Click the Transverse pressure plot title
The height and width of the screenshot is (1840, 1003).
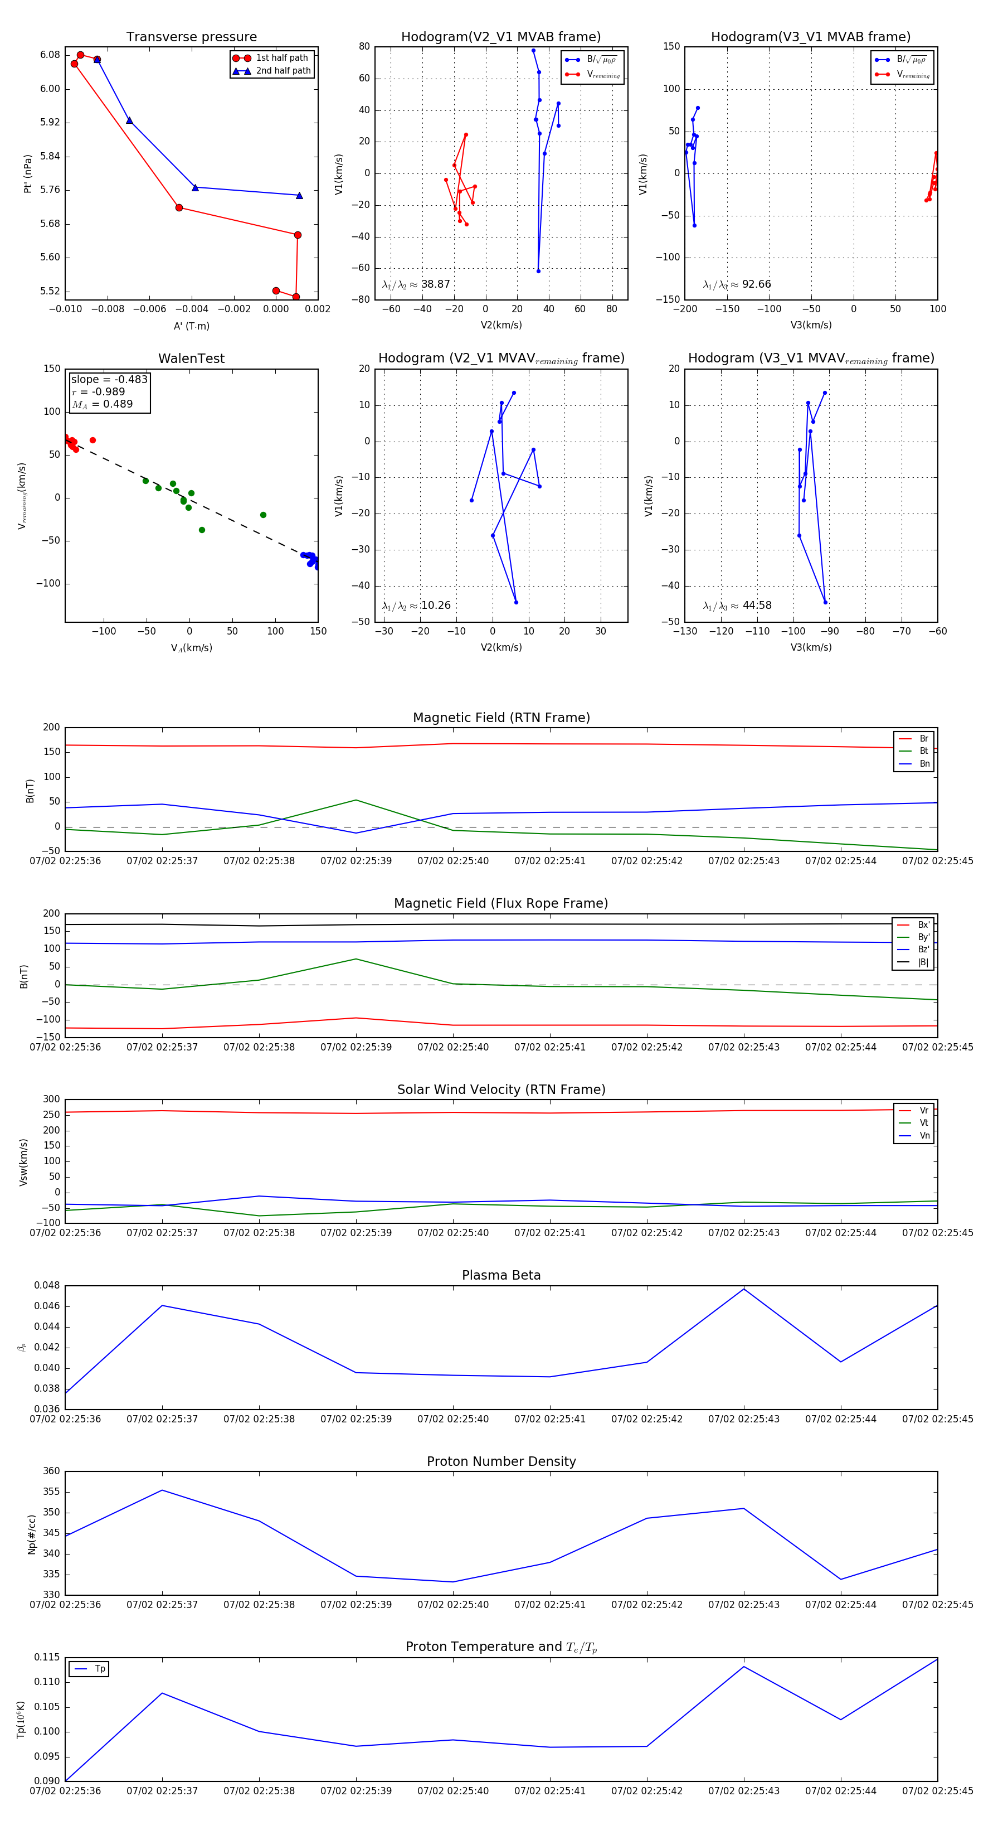191,37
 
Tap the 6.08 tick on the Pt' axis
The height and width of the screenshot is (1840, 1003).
50,55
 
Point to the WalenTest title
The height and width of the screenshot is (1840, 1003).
191,359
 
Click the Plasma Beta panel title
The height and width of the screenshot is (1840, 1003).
501,1275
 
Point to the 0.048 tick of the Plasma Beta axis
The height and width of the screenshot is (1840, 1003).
47,1285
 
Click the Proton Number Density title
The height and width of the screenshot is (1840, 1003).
501,1461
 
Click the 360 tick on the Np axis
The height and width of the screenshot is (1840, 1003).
51,1471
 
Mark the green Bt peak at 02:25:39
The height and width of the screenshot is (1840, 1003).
356,800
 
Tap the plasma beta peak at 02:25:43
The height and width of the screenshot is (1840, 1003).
744,1289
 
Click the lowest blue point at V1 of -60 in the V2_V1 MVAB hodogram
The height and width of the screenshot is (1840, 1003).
538,271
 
